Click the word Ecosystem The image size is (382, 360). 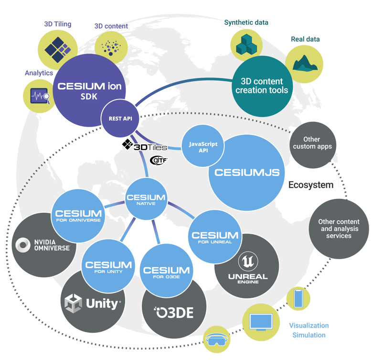tap(310, 185)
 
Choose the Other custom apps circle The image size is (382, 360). tap(312, 143)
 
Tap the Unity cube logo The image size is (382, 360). tap(74, 303)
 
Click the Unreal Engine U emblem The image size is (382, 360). tap(248, 262)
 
